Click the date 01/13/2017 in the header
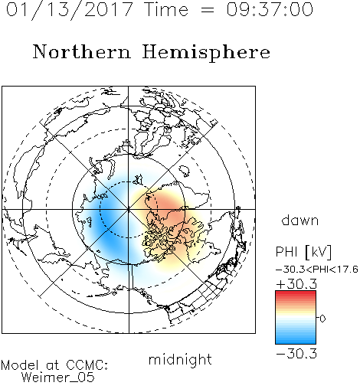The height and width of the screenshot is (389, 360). (69, 10)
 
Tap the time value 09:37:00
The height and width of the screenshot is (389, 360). (270, 10)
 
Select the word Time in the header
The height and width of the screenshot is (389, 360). (166, 10)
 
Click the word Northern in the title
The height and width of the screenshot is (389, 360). (82, 52)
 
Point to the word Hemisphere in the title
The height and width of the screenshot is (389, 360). (206, 52)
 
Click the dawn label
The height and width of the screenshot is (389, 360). (300, 220)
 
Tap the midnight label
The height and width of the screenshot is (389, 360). (180, 360)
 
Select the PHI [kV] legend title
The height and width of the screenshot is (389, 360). (303, 252)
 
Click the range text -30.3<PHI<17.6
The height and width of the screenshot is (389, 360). (317, 270)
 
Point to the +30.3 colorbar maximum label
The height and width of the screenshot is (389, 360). (296, 284)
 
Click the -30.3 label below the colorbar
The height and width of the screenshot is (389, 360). (296, 354)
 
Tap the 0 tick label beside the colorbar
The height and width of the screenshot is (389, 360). (322, 319)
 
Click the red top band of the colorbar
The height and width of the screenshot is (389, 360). (296, 294)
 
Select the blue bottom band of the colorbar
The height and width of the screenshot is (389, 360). (296, 340)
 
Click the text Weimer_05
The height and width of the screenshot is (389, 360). (58, 378)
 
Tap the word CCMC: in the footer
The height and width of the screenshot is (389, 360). (87, 365)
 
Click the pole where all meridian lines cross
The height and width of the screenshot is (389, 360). (129, 209)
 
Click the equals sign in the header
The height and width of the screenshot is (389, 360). (208, 10)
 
